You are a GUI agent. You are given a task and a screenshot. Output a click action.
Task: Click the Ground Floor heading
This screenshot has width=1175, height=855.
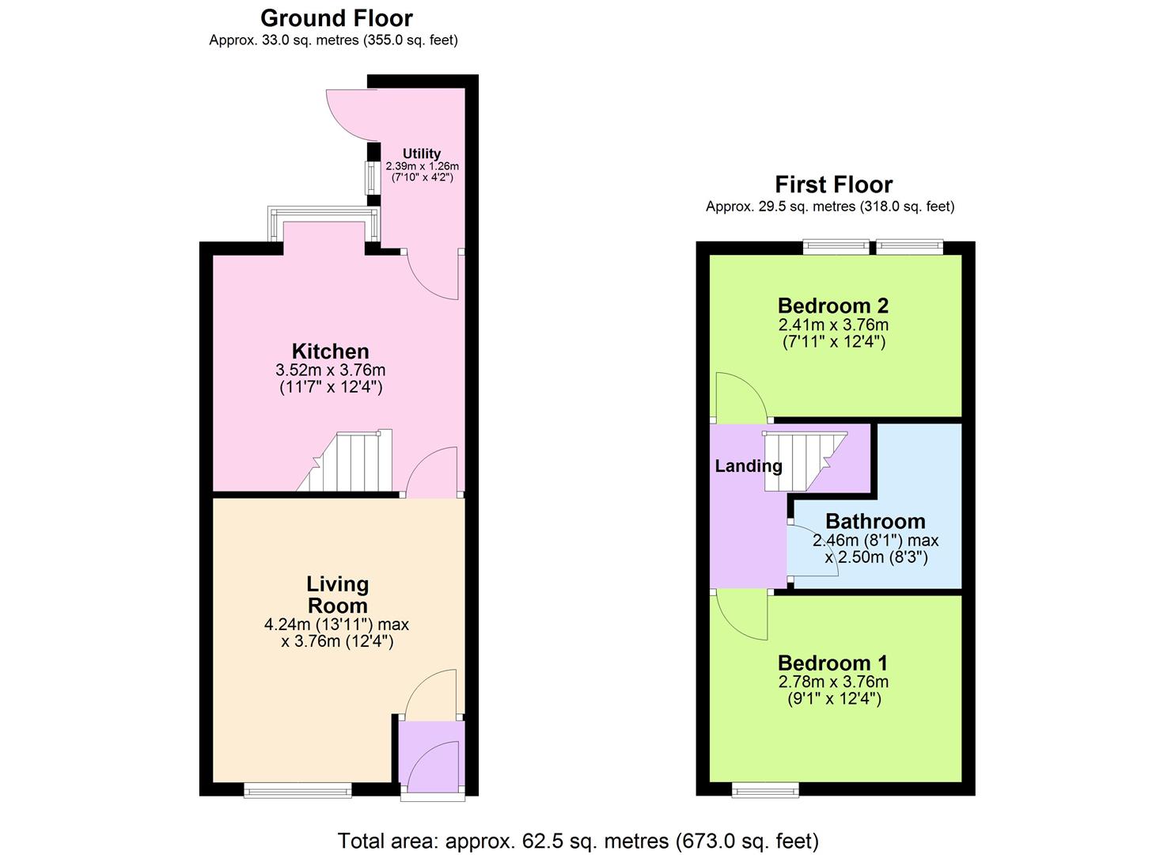336,18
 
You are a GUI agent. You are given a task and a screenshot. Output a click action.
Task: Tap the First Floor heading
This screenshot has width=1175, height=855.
833,184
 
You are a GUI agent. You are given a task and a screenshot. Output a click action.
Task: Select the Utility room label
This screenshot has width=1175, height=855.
421,154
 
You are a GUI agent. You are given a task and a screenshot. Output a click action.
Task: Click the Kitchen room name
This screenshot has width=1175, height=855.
331,351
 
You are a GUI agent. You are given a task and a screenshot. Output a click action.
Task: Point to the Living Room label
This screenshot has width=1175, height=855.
337,595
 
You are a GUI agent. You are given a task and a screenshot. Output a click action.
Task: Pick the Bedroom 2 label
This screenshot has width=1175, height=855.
833,306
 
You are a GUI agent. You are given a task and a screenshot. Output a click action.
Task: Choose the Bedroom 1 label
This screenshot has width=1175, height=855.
833,663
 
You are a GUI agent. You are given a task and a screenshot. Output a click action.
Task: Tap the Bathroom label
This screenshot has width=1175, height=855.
875,521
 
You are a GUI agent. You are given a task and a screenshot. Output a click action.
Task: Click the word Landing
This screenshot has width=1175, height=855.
749,466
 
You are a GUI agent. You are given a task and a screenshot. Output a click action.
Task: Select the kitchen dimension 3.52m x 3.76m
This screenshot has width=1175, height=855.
331,370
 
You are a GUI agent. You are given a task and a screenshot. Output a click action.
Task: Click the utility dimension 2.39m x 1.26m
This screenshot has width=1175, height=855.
423,166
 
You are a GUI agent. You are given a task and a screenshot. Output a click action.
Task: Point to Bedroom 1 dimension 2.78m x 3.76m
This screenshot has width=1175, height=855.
833,682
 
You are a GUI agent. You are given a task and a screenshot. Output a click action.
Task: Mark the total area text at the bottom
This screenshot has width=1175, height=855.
578,840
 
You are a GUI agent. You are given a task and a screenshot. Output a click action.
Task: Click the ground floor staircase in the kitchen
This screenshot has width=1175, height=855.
344,460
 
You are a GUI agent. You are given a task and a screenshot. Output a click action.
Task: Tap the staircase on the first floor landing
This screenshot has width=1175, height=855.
805,461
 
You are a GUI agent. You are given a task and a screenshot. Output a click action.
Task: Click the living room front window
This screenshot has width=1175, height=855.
298,790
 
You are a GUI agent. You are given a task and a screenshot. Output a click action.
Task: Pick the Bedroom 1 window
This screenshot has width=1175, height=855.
765,790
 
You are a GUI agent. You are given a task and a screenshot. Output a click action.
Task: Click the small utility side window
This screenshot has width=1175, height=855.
371,177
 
